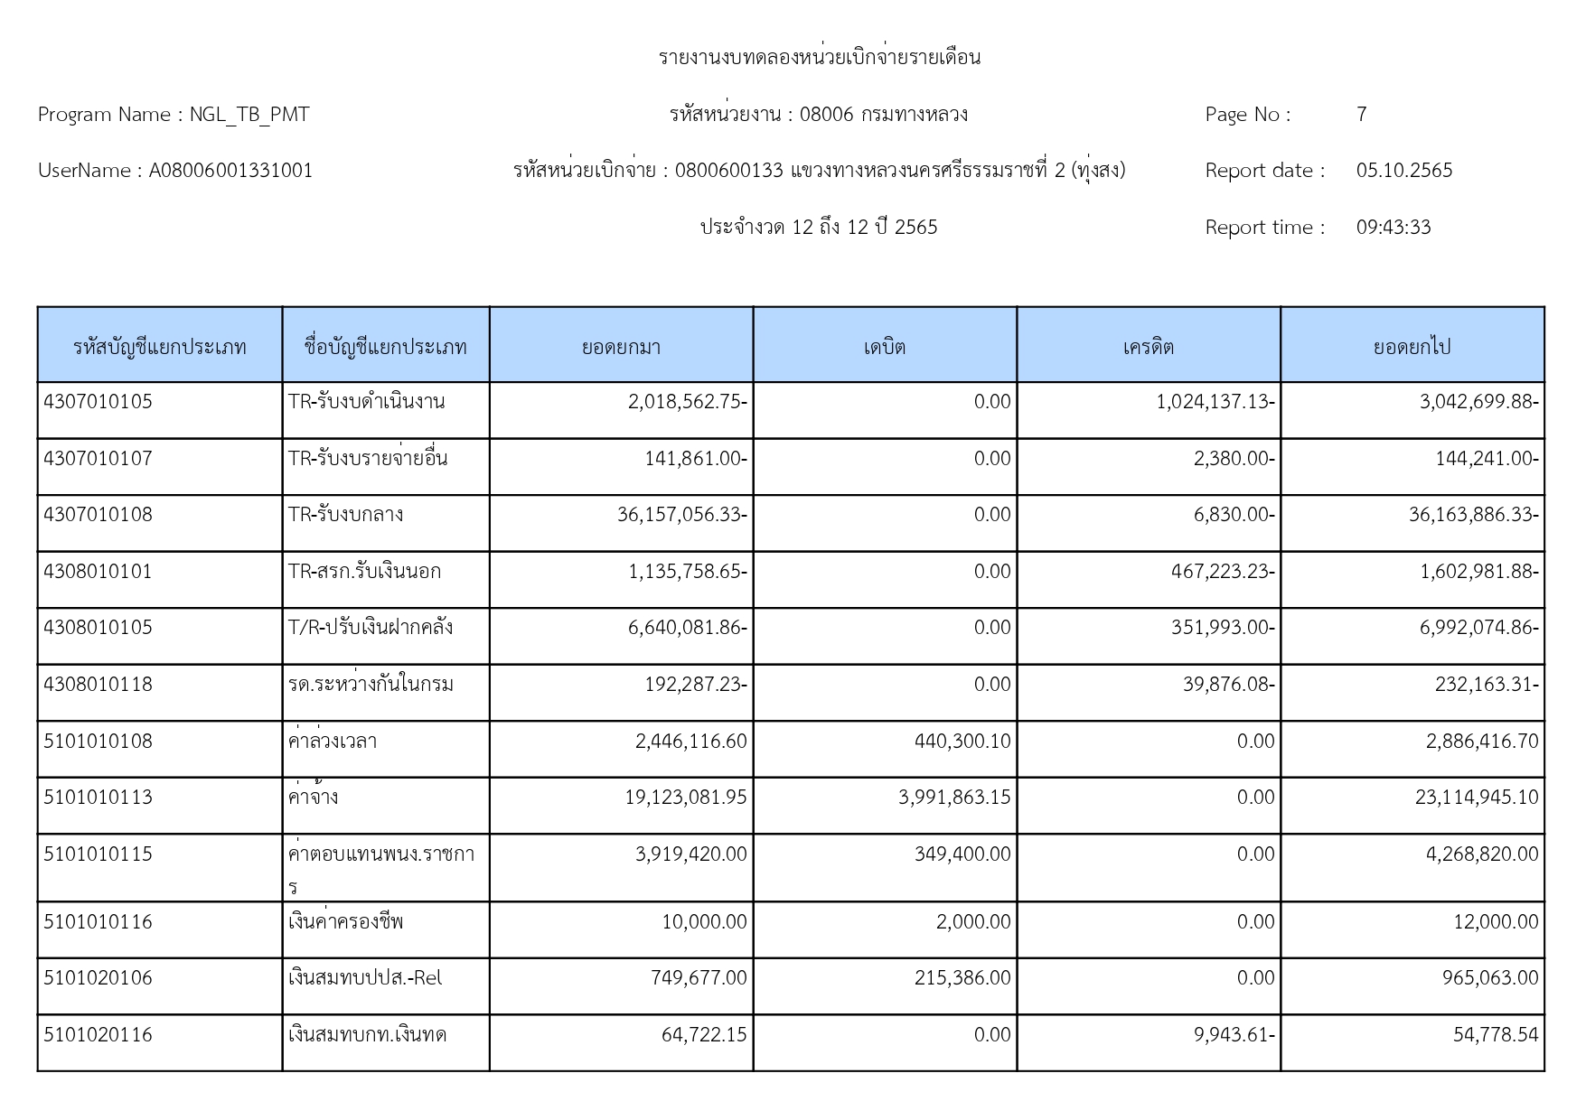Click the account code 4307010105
(98, 402)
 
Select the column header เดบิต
(884, 347)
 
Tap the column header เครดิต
(1148, 347)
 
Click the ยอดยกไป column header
(1412, 347)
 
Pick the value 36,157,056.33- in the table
(681, 515)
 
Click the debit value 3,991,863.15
(954, 798)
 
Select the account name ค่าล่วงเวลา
(332, 742)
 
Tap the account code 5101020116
(98, 1035)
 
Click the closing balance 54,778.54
(1495, 1035)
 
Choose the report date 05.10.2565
(1403, 171)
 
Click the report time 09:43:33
(1393, 228)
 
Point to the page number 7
(1361, 115)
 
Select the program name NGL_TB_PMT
(249, 115)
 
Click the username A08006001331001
(230, 171)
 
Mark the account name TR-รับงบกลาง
(345, 515)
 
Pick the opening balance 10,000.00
(704, 922)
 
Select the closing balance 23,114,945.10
(1476, 798)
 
